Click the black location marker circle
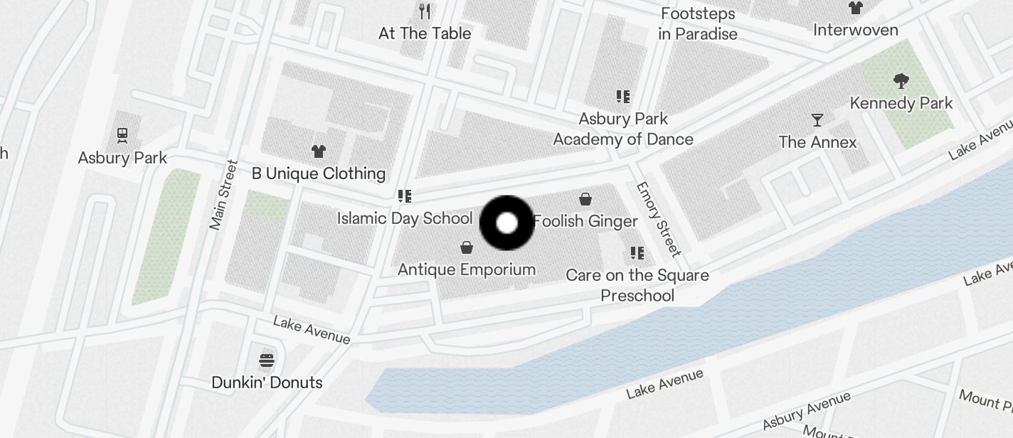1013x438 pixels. [x=506, y=223]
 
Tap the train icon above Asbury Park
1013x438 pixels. [x=122, y=135]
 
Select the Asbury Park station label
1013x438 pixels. [x=122, y=158]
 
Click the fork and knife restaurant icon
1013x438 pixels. [x=425, y=11]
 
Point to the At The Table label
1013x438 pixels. [x=425, y=33]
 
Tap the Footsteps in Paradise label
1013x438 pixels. [x=697, y=23]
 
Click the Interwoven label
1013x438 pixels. [x=855, y=30]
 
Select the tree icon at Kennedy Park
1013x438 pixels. [x=901, y=80]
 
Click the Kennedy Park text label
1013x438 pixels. [x=901, y=103]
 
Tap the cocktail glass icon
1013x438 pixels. [x=817, y=119]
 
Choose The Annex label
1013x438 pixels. [x=817, y=142]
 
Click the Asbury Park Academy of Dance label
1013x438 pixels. [x=623, y=129]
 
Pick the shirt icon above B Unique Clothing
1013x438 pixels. [x=319, y=151]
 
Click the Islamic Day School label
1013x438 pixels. [x=404, y=218]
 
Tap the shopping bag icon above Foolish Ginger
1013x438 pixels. [x=585, y=199]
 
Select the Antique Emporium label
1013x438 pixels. [x=467, y=269]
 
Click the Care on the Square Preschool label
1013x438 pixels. [x=637, y=285]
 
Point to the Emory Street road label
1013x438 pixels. [x=659, y=219]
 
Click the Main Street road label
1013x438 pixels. [x=223, y=195]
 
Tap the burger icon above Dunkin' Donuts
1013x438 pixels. [x=267, y=360]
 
